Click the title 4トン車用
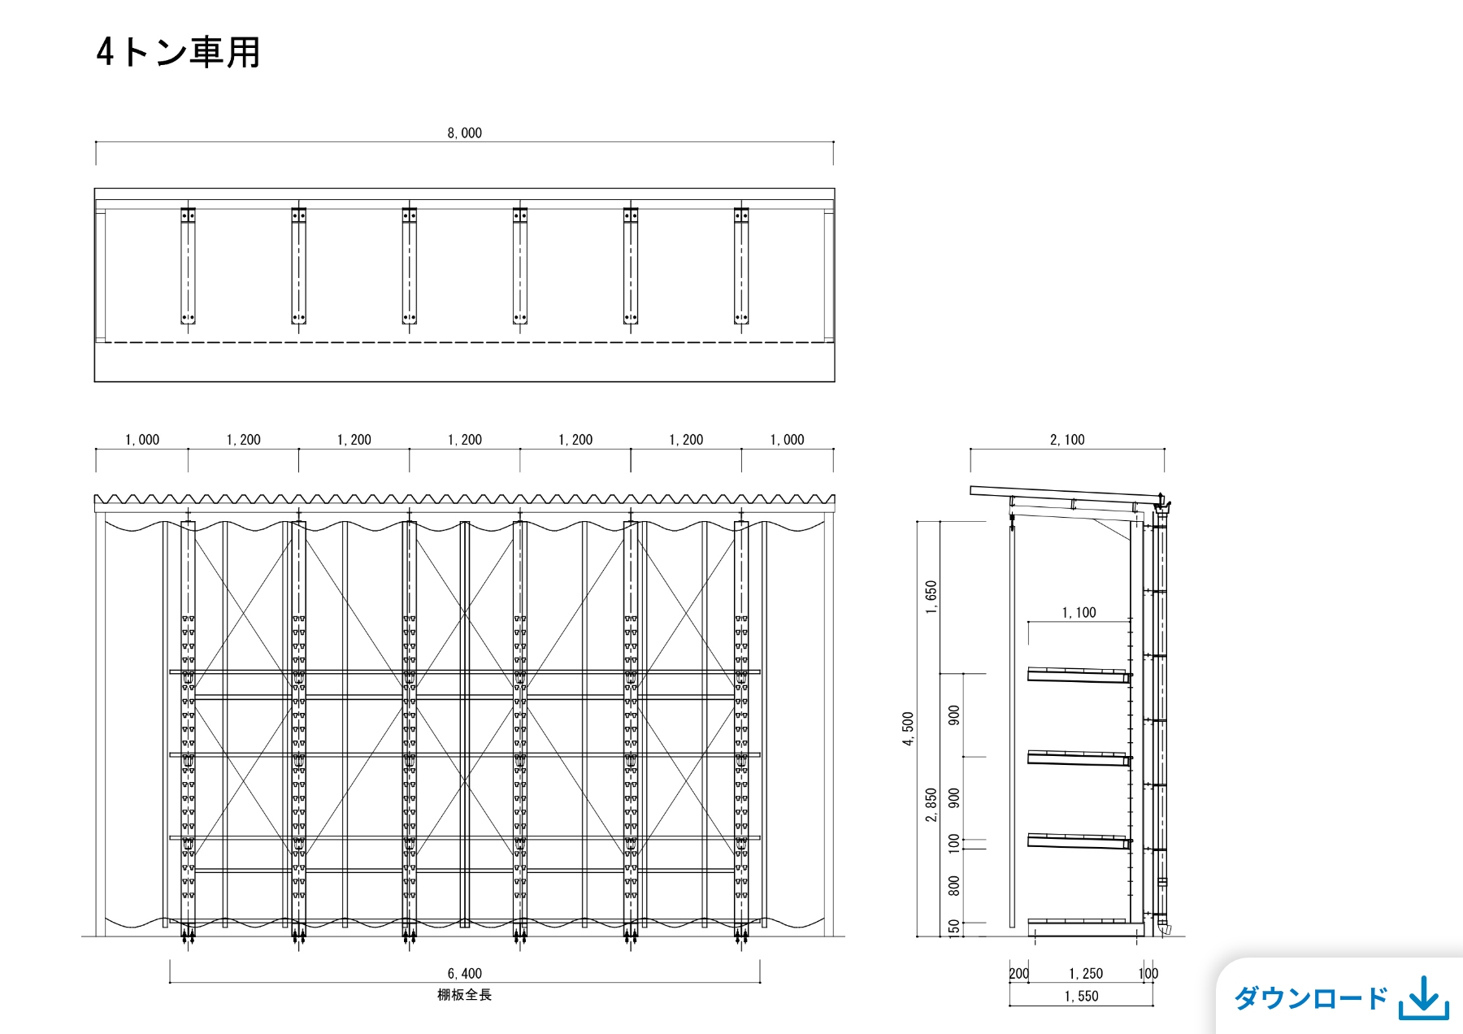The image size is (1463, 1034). coord(178,53)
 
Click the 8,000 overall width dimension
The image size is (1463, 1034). coord(464,133)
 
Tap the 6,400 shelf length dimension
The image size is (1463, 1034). coord(464,974)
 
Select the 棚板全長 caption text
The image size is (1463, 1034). coord(464,994)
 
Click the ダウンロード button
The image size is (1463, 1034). coord(1340,997)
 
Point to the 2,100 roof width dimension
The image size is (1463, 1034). coord(1067,440)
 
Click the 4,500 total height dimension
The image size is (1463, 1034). coord(909,729)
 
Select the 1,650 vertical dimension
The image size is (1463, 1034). coord(931,597)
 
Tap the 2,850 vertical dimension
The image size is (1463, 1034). coord(931,805)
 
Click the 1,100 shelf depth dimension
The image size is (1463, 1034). coord(1079,613)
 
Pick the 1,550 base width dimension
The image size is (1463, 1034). coord(1081,997)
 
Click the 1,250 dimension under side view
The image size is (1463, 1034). coord(1086,974)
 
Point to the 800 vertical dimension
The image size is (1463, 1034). coord(954,885)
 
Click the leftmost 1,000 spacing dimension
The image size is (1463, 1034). coord(142,440)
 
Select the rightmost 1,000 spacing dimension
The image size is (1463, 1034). coord(787,440)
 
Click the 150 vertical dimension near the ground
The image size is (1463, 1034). coord(954,928)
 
